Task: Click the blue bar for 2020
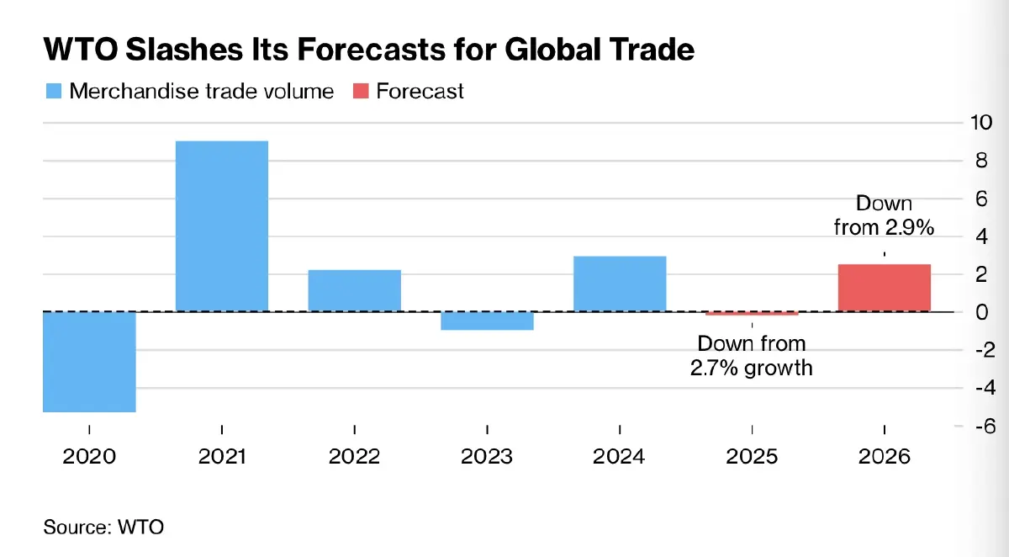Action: tap(89, 362)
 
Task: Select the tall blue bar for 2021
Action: tap(222, 225)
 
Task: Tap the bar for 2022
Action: tap(354, 290)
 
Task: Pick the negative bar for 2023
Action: tap(487, 321)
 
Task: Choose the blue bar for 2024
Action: tap(620, 284)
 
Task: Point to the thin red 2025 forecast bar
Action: tap(752, 314)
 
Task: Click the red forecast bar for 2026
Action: tap(885, 288)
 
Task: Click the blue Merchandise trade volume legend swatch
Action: tap(53, 91)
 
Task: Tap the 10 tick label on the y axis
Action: tap(981, 123)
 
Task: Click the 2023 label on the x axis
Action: tap(487, 456)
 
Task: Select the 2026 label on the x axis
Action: tap(885, 456)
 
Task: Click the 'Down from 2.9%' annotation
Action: tap(884, 215)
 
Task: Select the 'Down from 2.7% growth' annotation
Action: tap(752, 355)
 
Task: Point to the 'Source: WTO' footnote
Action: tap(103, 528)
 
